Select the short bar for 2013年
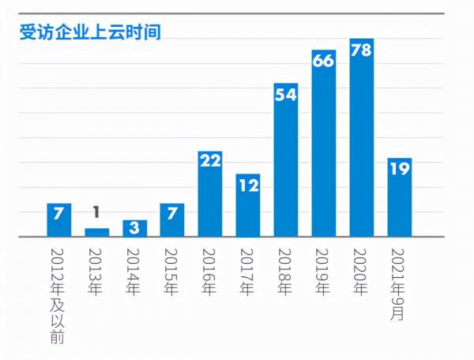97,232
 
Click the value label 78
361,48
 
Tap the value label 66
323,62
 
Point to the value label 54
285,95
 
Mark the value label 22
210,163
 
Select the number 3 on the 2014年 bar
135,227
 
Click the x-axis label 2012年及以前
59,294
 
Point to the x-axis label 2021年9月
399,283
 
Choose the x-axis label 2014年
135,272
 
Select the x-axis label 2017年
248,272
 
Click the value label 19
399,170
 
